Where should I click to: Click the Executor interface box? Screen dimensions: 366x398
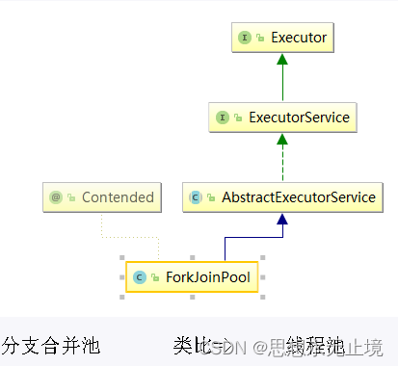[x=280, y=39]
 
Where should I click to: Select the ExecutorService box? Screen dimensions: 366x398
[x=280, y=118]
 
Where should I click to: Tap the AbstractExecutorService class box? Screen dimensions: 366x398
[x=280, y=197]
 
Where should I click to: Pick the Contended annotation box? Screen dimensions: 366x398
[x=102, y=197]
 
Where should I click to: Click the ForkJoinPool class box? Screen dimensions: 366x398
[x=193, y=276]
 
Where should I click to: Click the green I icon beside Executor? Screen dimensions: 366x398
[x=244, y=39]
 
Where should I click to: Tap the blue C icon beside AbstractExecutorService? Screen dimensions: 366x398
[x=195, y=197]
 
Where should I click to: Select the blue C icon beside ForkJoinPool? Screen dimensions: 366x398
[x=140, y=276]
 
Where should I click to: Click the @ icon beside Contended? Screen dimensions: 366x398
[x=56, y=197]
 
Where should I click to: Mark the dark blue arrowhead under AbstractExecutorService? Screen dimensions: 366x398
[x=280, y=219]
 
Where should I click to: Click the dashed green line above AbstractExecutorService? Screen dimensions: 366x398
[x=280, y=164]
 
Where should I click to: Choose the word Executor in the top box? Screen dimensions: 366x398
[x=299, y=39]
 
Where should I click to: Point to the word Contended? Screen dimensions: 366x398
[x=118, y=197]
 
